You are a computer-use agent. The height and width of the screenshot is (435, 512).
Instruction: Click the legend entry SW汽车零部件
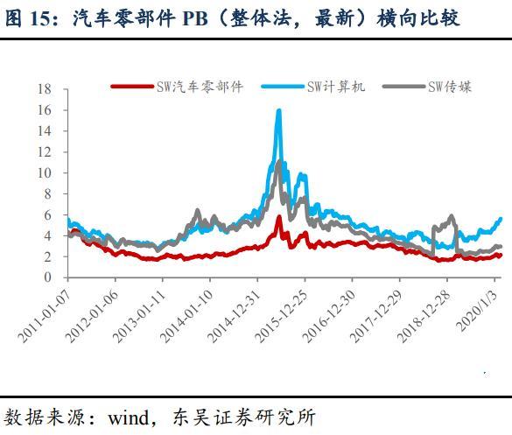point(178,87)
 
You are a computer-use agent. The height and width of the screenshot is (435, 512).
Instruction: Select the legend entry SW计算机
point(313,87)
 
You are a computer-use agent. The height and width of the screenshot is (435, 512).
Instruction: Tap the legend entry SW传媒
point(427,87)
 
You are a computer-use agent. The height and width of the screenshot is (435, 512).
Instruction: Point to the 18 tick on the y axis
point(45,88)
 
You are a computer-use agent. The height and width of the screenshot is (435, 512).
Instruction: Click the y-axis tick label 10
point(45,172)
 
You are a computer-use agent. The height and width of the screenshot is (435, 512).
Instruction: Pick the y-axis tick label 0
point(48,277)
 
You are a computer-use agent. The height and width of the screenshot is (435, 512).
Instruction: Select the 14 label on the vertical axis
point(45,131)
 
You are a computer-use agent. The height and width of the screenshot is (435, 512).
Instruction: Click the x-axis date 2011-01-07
point(45,315)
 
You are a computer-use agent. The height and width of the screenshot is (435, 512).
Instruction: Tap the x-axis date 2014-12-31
point(234,315)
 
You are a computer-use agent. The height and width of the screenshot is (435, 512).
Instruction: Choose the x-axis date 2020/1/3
point(477,310)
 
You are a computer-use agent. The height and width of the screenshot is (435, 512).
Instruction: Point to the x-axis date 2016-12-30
point(328,315)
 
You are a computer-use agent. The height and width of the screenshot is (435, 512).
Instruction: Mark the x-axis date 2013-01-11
point(139,315)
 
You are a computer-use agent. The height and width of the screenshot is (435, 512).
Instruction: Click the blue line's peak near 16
point(279,110)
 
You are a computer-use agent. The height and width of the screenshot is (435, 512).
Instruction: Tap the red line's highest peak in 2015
point(279,216)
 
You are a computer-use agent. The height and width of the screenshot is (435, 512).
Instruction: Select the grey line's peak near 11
point(279,161)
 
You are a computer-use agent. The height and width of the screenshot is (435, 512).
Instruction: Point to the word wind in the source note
point(128,417)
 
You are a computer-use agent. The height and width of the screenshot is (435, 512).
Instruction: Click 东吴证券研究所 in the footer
point(243,417)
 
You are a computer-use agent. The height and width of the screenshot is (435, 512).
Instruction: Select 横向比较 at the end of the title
point(418,18)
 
